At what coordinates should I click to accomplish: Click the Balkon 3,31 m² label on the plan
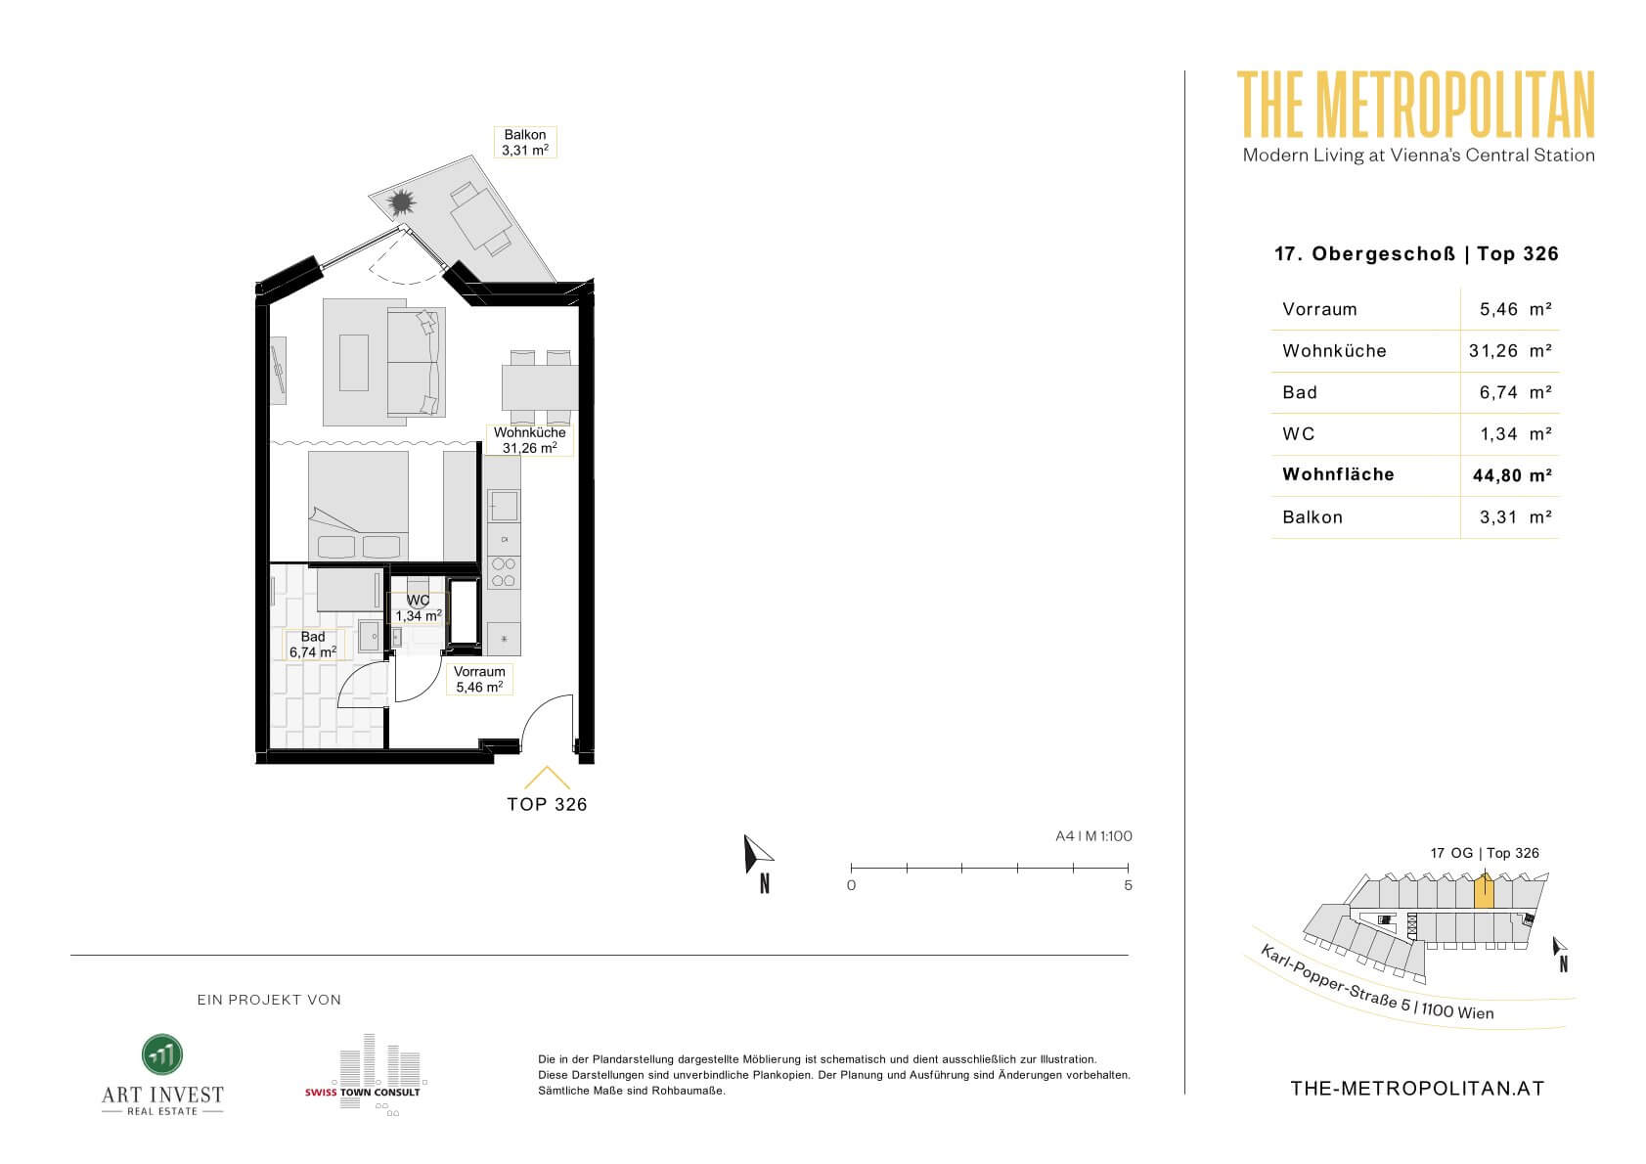[x=524, y=143]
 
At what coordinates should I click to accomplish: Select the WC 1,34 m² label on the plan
[x=419, y=608]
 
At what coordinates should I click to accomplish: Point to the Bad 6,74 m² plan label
[x=313, y=645]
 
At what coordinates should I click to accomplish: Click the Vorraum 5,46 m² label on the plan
[x=479, y=680]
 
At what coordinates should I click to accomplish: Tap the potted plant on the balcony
[x=402, y=201]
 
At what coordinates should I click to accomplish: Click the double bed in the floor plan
[x=359, y=507]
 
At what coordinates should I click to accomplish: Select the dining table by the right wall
[x=540, y=387]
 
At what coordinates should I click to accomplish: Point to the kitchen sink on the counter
[x=504, y=506]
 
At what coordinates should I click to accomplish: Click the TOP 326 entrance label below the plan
[x=547, y=805]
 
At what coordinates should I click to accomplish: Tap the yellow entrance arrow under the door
[x=547, y=778]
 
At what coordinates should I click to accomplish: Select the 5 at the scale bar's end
[x=1128, y=885]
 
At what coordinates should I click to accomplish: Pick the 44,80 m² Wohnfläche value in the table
[x=1512, y=475]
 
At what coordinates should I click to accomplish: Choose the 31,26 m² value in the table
[x=1510, y=351]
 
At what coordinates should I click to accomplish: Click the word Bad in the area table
[x=1300, y=392]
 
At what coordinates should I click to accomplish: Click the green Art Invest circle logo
[x=161, y=1054]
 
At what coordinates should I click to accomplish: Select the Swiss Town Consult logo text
[x=362, y=1092]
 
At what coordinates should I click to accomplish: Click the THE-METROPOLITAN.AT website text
[x=1417, y=1089]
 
